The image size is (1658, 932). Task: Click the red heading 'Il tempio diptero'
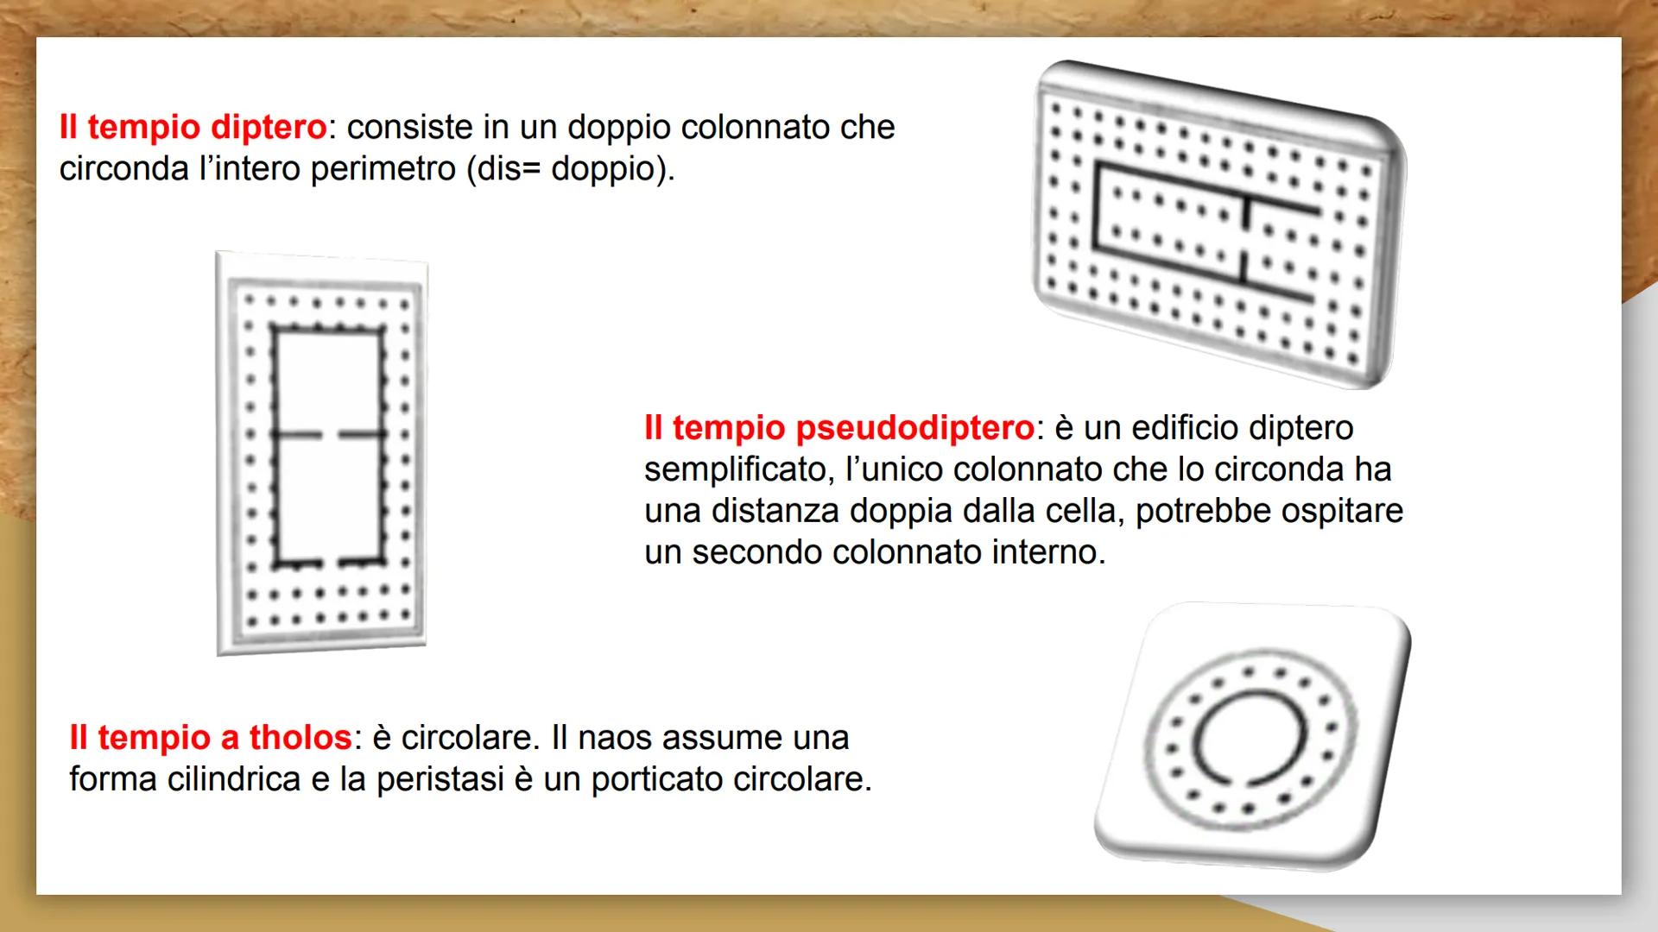[193, 128]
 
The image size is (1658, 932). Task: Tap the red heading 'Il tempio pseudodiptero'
[838, 428]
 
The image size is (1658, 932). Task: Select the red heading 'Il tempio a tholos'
[211, 738]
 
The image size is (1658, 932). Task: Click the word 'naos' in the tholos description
[613, 738]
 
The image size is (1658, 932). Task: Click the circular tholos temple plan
[1252, 736]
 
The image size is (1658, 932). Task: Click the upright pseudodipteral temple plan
[321, 453]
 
